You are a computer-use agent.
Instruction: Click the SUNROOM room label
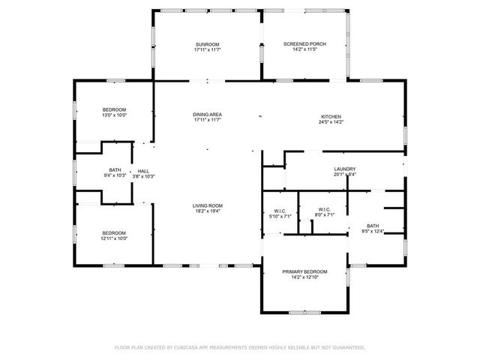(208, 44)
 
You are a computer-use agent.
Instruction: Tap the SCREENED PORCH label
(305, 44)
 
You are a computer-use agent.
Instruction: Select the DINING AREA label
(208, 114)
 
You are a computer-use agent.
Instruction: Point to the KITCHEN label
(331, 116)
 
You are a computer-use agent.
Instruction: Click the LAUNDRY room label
(345, 169)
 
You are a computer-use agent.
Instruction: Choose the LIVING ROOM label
(208, 205)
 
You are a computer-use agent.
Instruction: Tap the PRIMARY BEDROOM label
(304, 271)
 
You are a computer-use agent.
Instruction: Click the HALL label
(143, 171)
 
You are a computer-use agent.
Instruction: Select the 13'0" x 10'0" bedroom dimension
(115, 115)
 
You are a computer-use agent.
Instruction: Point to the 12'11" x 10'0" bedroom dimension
(115, 238)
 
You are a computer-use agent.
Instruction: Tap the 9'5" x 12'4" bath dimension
(373, 232)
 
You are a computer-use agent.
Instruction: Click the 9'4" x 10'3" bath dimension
(115, 175)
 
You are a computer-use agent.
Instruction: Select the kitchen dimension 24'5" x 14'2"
(331, 121)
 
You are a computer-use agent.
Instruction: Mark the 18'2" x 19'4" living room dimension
(208, 211)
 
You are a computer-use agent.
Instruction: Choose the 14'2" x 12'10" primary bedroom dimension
(304, 276)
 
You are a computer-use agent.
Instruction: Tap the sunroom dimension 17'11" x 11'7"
(208, 49)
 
